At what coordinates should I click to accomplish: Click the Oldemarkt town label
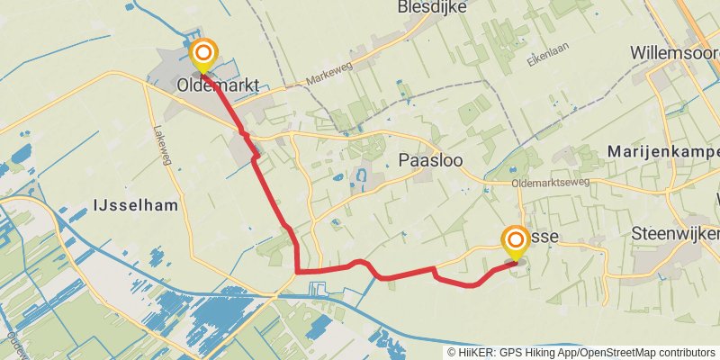tap(219, 86)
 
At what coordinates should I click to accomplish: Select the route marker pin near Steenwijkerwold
tap(516, 241)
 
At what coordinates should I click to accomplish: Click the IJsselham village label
tap(135, 206)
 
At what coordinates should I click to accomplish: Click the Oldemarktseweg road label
tap(549, 184)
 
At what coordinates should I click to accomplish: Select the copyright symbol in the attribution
tap(452, 352)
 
